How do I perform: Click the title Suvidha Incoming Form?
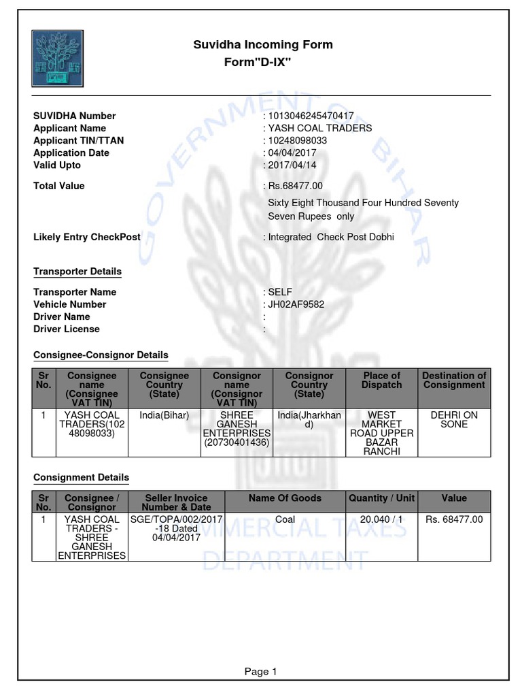263,45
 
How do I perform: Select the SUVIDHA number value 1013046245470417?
311,116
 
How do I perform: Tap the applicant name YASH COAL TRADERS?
320,128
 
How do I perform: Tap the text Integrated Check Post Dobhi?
331,237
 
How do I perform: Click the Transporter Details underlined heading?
77,271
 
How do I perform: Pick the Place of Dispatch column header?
381,380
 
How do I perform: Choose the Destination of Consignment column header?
454,380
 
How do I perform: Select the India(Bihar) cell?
164,415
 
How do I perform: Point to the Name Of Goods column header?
285,498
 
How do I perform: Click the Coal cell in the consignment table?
285,519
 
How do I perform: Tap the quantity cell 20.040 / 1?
381,519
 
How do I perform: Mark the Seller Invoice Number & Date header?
177,502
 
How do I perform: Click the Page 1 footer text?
261,671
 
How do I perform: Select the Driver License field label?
67,329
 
